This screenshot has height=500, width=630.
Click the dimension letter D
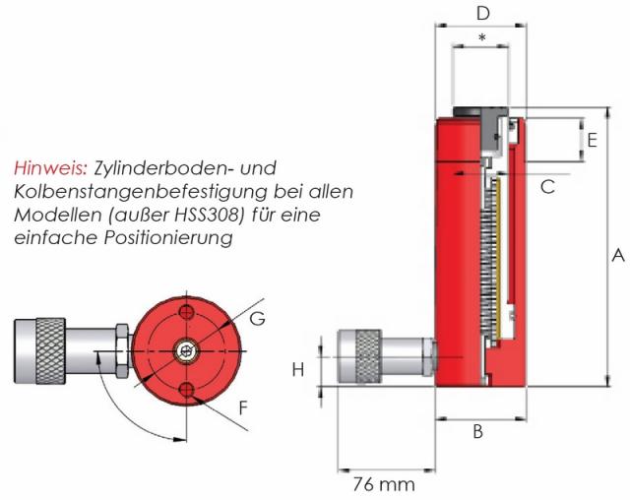tap(483, 13)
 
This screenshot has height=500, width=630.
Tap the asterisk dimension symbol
tap(482, 38)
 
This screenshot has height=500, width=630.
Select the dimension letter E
tap(593, 140)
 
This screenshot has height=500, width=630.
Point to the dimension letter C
tap(547, 187)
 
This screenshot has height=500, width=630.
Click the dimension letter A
tap(618, 256)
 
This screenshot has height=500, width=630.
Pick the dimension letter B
tap(477, 431)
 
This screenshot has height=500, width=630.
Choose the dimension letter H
tap(297, 369)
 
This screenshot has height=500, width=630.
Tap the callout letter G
tap(257, 319)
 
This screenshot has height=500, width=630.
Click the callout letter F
tap(243, 408)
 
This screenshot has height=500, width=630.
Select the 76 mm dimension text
tap(384, 484)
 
